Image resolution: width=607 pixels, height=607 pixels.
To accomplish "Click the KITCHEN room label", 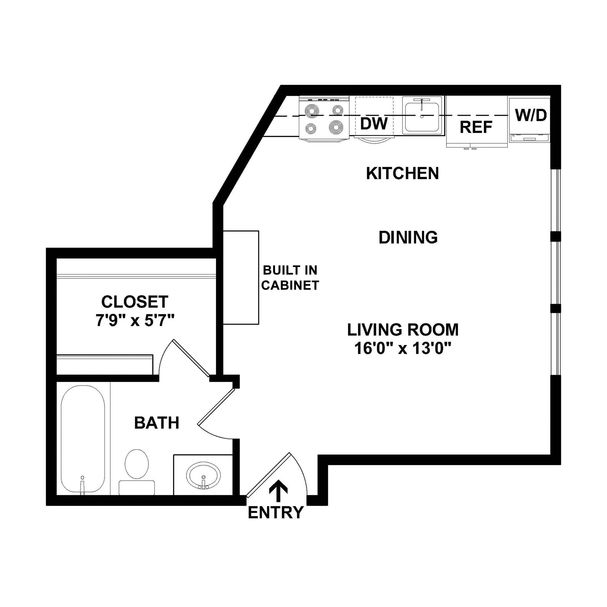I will [x=402, y=173].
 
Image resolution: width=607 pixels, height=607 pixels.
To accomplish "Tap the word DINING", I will [x=408, y=238].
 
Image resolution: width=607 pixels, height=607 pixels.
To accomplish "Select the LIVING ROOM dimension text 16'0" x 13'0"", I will [x=403, y=348].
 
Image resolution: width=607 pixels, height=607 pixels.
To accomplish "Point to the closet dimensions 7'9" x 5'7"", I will [x=135, y=321].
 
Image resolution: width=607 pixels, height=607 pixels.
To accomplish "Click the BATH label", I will [x=157, y=423].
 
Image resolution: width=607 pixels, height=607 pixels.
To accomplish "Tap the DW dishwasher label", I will [x=374, y=124].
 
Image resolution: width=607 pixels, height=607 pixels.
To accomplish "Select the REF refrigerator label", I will [x=476, y=127].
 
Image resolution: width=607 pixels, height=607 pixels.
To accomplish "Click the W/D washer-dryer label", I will [x=531, y=115].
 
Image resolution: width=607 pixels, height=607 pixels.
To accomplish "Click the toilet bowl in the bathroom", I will [x=137, y=463].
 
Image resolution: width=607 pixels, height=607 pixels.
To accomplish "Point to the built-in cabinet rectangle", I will [x=241, y=277].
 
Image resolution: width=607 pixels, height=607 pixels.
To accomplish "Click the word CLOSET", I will [x=135, y=302].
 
